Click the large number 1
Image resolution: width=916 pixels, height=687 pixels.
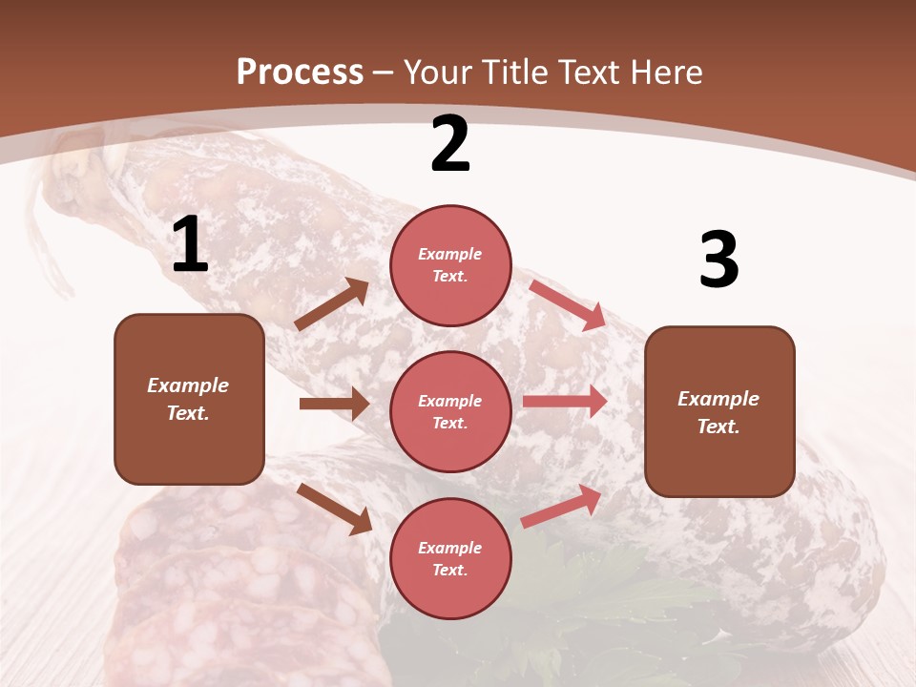point(190,246)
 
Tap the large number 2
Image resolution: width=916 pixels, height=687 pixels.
point(449,145)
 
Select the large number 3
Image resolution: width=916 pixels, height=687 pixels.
point(718,260)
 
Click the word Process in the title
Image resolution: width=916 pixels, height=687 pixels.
point(300,72)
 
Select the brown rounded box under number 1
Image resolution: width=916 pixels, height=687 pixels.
point(189,399)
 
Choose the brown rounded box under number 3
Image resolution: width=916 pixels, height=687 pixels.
point(719,411)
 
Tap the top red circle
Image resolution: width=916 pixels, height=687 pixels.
point(450,264)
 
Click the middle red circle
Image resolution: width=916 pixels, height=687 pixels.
point(450,411)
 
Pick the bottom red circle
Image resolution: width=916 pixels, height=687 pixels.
point(450,558)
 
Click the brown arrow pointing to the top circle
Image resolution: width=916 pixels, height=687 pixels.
point(332,304)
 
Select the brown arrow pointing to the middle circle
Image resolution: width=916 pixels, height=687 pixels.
point(334,404)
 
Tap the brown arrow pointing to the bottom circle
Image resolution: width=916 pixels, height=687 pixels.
point(334,508)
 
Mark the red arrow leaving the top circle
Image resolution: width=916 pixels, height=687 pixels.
point(568,304)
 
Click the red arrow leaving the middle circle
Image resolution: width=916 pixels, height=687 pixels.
point(565,402)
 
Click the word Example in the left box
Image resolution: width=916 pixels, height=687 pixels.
point(188,385)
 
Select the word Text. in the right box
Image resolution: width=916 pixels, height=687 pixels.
point(718,427)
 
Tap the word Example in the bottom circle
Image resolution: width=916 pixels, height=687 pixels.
point(450,548)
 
